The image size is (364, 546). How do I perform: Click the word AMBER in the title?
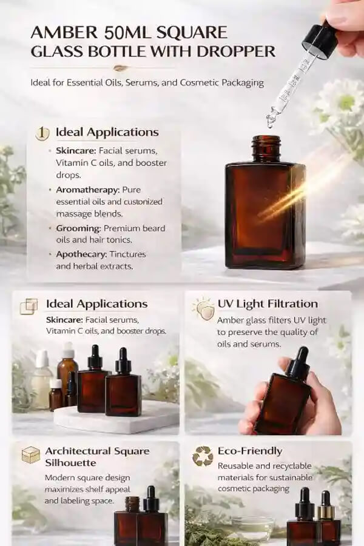[64, 33]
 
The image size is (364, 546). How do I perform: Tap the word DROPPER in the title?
[236, 52]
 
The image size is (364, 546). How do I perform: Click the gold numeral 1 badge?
[42, 133]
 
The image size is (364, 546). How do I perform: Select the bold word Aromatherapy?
[88, 190]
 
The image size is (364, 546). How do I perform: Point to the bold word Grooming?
[79, 228]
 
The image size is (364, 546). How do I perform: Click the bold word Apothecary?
[81, 255]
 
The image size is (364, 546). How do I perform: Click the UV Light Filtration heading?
[268, 304]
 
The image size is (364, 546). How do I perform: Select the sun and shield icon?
[201, 308]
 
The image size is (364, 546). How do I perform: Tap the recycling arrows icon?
[203, 456]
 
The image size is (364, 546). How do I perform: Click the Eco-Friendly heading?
[250, 451]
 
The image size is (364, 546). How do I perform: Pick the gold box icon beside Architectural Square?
[31, 454]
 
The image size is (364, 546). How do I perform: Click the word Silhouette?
[70, 463]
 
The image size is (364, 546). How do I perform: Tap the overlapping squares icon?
[29, 306]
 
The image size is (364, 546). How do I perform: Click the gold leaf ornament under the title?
[120, 68]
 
